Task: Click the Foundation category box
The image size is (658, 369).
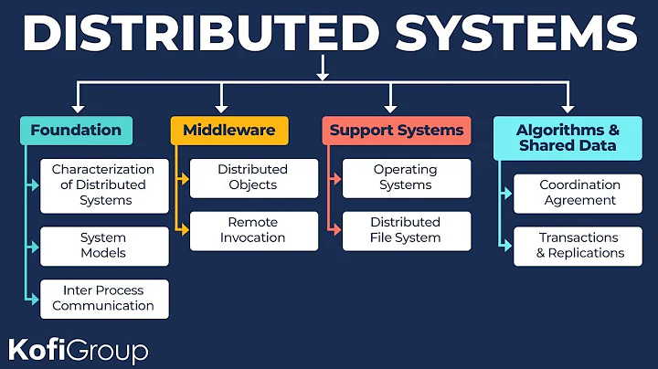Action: click(x=76, y=131)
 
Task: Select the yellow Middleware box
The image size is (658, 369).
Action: click(x=228, y=131)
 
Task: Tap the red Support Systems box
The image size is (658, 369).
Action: click(x=397, y=131)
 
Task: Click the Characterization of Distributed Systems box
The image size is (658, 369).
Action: click(x=104, y=184)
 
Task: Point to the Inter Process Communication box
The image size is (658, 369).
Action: click(x=104, y=299)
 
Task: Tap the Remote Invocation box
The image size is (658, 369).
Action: click(x=252, y=230)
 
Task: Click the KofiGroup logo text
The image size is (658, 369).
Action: click(x=78, y=349)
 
